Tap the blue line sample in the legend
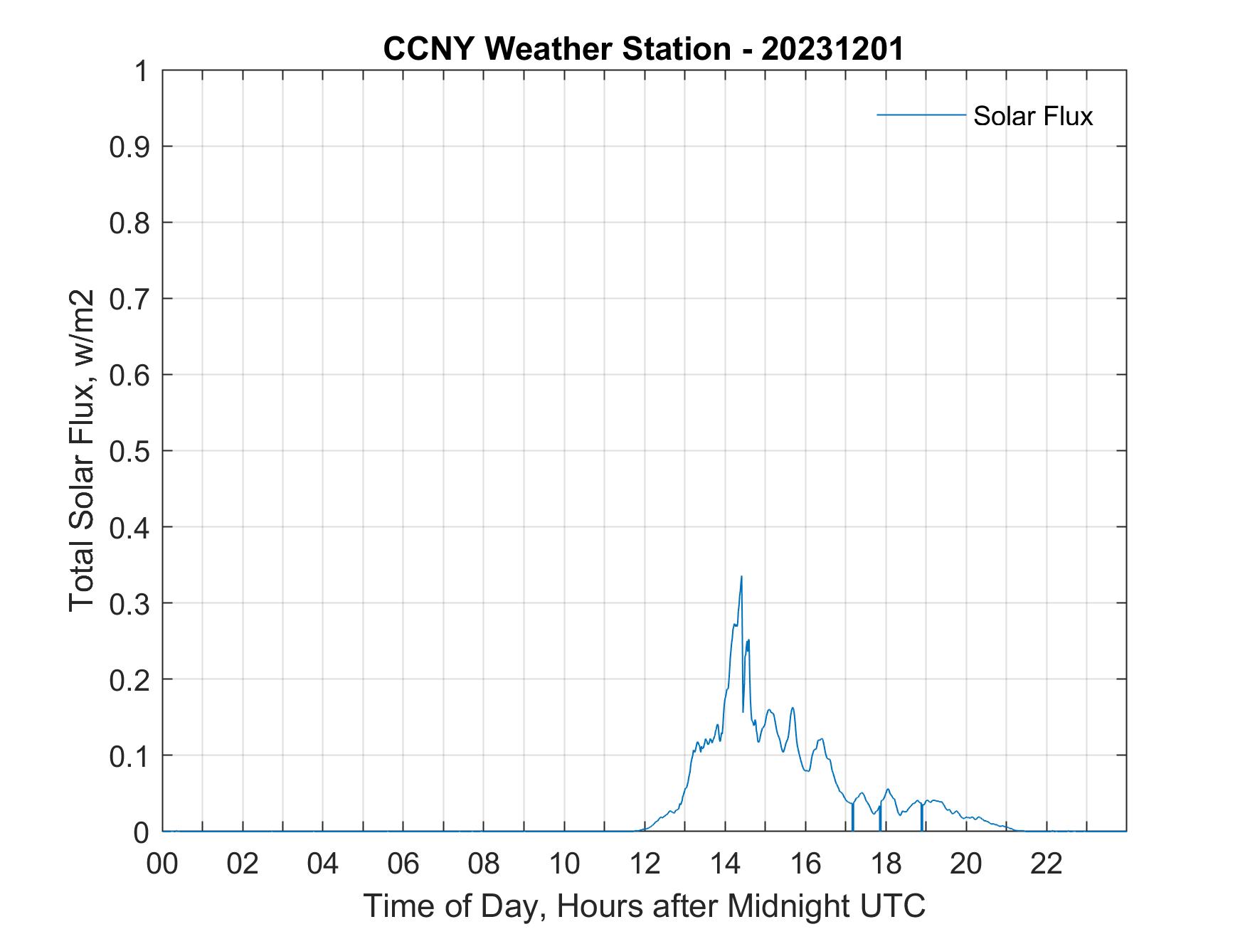(x=921, y=115)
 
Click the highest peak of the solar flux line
(x=741, y=577)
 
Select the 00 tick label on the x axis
(x=163, y=864)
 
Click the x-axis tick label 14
(x=725, y=864)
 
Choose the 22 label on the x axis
(x=1047, y=864)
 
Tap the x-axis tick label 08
(x=484, y=864)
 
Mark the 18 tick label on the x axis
(x=886, y=864)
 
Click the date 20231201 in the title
(x=832, y=49)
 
